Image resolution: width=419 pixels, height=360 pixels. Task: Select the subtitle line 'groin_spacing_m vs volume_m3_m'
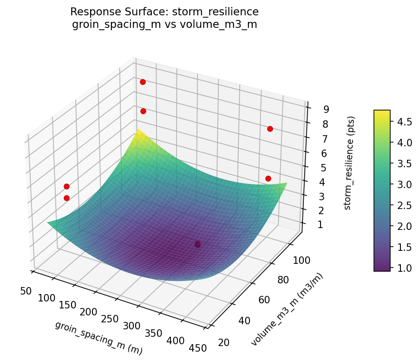[x=164, y=24]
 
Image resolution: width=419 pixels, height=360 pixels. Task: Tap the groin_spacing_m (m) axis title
[x=98, y=338]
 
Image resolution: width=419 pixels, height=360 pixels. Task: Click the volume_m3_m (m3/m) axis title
[x=287, y=309]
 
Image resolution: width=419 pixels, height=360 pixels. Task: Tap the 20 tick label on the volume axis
[x=224, y=342]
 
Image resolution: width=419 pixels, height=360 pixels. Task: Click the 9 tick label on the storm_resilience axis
[x=327, y=110]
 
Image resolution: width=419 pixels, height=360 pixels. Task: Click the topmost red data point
[x=143, y=82]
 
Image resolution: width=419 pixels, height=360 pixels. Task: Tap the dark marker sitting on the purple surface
[x=197, y=244]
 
